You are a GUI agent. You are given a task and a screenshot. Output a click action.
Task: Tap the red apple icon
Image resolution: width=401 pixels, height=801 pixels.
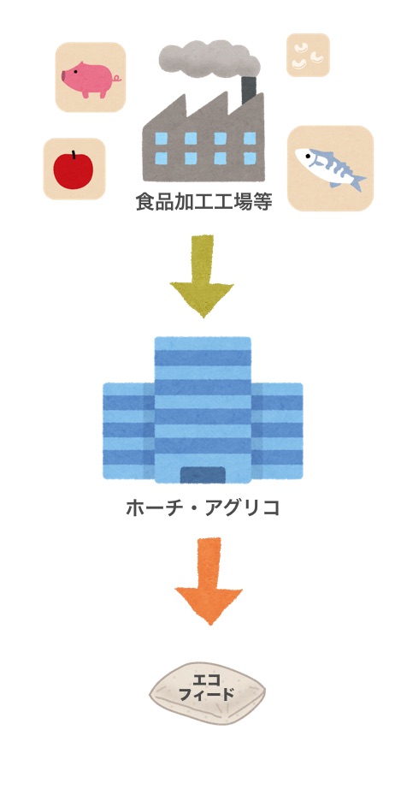pyautogui.click(x=74, y=169)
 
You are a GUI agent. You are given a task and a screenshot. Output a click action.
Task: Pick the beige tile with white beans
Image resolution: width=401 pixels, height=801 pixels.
pyautogui.click(x=308, y=55)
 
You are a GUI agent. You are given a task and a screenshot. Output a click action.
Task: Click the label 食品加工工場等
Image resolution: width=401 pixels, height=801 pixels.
pyautogui.click(x=203, y=202)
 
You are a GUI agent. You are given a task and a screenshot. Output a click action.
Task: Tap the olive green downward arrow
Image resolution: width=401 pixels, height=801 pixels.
pyautogui.click(x=202, y=276)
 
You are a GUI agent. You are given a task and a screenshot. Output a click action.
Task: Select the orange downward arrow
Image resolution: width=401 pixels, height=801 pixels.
pyautogui.click(x=209, y=581)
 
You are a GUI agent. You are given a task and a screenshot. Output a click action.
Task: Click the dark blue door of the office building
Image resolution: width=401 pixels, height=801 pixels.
pyautogui.click(x=203, y=475)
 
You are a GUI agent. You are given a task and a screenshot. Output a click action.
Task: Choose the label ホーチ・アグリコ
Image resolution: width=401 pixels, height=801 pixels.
pyautogui.click(x=203, y=508)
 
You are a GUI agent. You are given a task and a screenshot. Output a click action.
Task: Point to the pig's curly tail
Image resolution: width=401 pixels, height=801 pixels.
pyautogui.click(x=117, y=78)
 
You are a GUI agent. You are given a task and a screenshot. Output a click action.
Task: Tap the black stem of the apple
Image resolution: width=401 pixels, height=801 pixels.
pyautogui.click(x=74, y=154)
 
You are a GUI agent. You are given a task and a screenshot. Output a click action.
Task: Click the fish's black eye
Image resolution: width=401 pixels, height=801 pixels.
pyautogui.click(x=307, y=156)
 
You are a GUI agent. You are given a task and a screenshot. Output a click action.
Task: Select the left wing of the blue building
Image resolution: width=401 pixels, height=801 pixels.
pyautogui.click(x=128, y=430)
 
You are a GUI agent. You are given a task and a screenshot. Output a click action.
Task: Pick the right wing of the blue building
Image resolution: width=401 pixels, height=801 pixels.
pyautogui.click(x=277, y=430)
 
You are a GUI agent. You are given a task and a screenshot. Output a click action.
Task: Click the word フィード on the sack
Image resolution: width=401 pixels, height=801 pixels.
pyautogui.click(x=207, y=694)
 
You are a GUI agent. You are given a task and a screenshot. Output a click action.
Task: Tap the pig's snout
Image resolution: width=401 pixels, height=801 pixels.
pyautogui.click(x=64, y=77)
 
